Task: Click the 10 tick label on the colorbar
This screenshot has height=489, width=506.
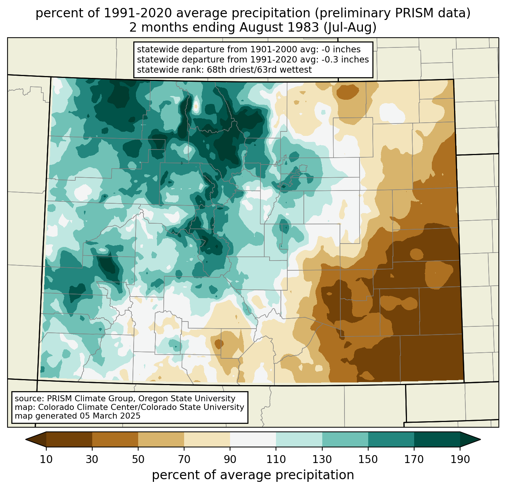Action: tap(46, 460)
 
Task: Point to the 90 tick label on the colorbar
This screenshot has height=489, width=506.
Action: tap(230, 460)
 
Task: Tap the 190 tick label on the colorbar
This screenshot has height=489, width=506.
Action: tap(460, 460)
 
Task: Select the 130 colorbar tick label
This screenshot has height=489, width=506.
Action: tap(322, 460)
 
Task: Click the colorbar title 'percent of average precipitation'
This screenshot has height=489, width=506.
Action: tap(253, 475)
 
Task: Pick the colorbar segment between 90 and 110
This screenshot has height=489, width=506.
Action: tap(253, 439)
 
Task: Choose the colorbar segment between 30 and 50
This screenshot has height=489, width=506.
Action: tap(115, 439)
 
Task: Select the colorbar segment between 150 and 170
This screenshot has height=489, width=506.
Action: tap(391, 439)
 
